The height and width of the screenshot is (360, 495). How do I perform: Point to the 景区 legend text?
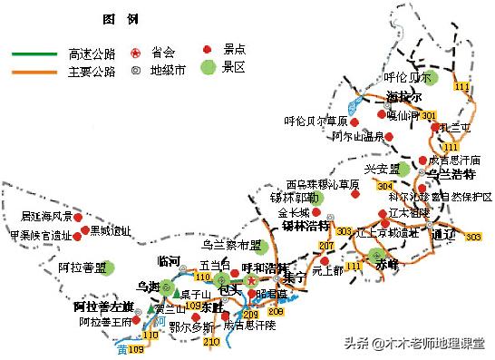[236, 69]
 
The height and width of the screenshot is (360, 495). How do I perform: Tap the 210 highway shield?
[210, 341]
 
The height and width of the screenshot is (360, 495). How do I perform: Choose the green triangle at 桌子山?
[173, 294]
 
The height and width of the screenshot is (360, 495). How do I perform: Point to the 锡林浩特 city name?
[303, 226]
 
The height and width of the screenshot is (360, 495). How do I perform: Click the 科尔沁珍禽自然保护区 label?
[440, 197]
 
